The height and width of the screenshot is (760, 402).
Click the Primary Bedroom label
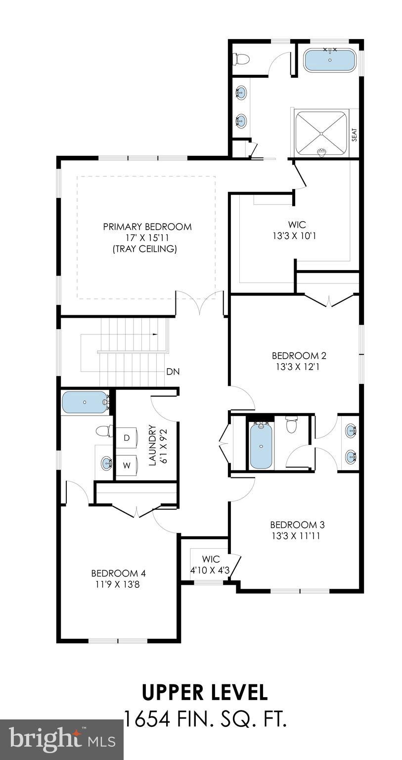point(147,227)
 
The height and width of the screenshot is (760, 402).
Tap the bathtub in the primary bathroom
point(329,60)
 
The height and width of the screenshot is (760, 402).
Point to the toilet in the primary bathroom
point(241,59)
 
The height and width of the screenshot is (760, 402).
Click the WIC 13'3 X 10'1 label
point(295,231)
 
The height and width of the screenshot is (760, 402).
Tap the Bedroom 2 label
point(299,361)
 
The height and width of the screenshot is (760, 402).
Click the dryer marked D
point(126,438)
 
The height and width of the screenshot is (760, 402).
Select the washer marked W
point(126,465)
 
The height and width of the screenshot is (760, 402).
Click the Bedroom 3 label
point(297,530)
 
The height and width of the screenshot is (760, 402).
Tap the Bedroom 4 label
point(118,578)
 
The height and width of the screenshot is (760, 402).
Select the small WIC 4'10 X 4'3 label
point(211,565)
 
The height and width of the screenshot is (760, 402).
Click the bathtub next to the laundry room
point(85,402)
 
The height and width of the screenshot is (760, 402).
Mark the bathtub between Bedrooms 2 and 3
point(261,446)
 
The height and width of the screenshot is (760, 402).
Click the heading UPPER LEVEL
point(205,693)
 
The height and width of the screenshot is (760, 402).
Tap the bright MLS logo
point(62,740)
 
